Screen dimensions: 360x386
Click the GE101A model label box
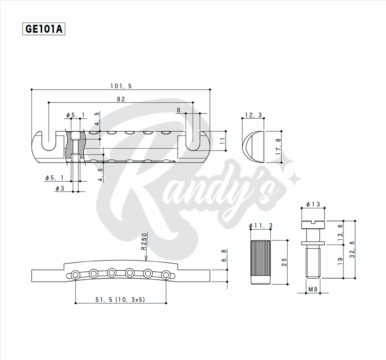pos(44,29)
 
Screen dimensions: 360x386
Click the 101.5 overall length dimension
pos(121,86)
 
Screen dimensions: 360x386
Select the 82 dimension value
pos(121,99)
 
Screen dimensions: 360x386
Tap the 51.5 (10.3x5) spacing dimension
pos(120,300)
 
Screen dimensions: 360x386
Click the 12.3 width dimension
pos(253,115)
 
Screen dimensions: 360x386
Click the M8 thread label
pos(313,289)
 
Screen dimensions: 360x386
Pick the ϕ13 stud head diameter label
pos(313,204)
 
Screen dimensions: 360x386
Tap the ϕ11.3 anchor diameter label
pos(260,226)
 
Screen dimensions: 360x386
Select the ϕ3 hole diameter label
pos(60,188)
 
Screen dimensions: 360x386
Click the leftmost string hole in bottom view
pos(76,274)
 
